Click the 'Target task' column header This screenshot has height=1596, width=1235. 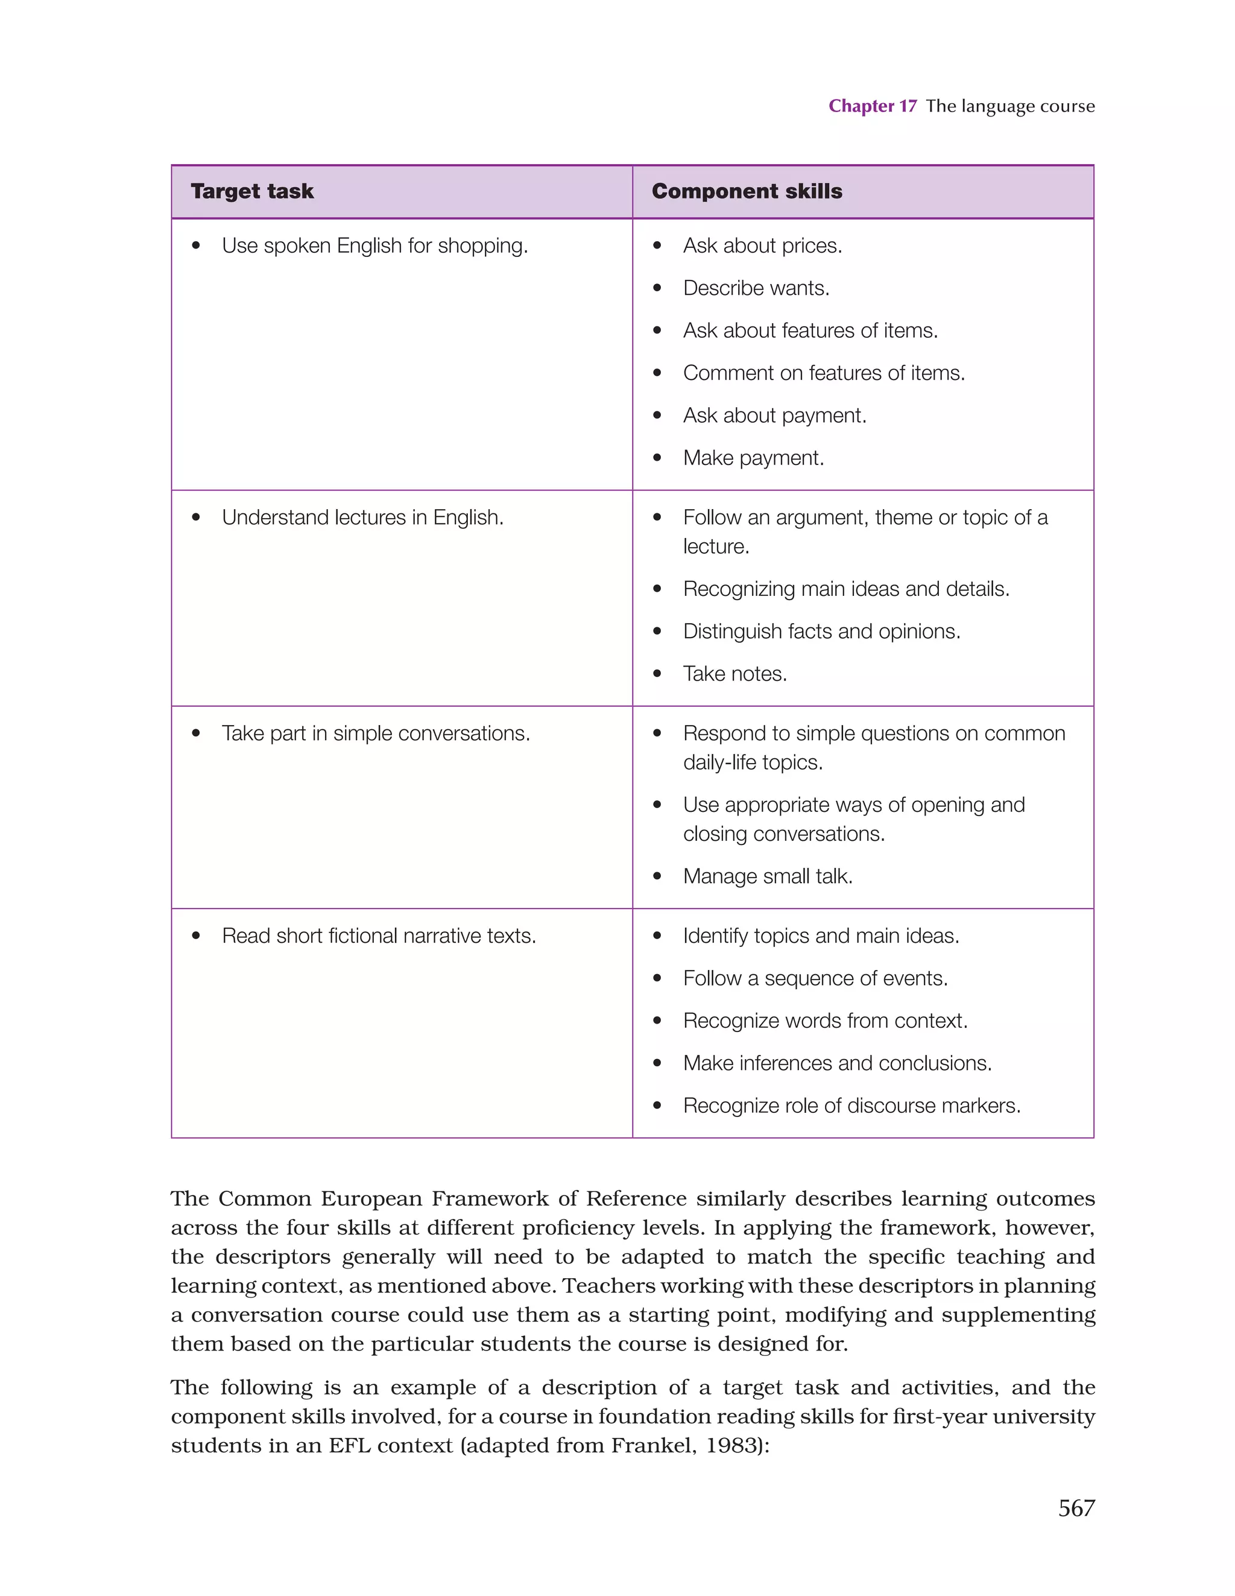[252, 191]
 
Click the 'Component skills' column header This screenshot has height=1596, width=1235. [746, 191]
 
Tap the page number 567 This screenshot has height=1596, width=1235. [1076, 1507]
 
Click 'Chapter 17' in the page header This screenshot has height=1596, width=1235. [872, 106]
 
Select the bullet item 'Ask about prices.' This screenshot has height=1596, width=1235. [762, 245]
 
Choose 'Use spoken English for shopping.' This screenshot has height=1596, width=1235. [374, 245]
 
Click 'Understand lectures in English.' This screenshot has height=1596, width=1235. [362, 518]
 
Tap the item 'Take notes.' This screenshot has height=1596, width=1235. [734, 674]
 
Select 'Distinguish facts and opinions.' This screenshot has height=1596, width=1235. [821, 632]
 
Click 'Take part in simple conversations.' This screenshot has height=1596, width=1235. [376, 733]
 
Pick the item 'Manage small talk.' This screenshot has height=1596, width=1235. [767, 876]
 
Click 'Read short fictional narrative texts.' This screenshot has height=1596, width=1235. [379, 936]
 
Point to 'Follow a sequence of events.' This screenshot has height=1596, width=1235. [815, 978]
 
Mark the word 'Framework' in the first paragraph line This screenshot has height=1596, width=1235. [489, 1199]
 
